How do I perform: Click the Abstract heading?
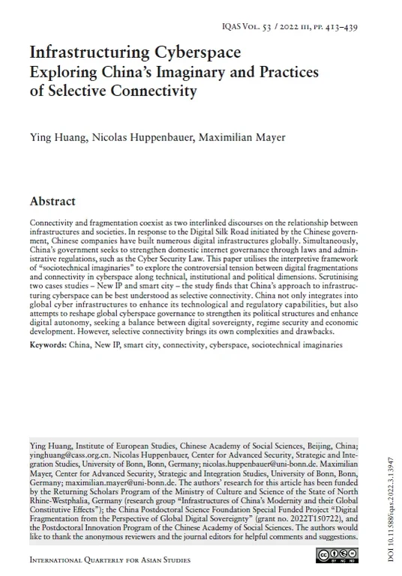tap(52, 201)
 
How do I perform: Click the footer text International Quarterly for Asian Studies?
tap(109, 559)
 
